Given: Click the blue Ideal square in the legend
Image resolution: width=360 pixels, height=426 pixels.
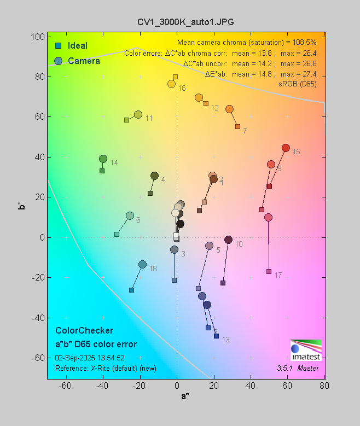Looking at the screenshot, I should click(x=58, y=46).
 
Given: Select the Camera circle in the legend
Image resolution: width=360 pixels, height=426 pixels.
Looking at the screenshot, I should click(x=58, y=61).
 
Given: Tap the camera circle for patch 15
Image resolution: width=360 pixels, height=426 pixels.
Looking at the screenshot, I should click(x=286, y=148).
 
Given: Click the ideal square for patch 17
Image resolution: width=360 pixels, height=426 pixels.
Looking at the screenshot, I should click(x=269, y=271).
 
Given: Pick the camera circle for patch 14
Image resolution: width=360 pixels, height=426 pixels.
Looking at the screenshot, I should click(x=103, y=159).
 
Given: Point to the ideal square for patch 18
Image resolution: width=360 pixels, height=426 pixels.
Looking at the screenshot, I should click(x=131, y=290).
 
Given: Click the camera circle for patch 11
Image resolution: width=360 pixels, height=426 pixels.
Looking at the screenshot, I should click(x=138, y=115).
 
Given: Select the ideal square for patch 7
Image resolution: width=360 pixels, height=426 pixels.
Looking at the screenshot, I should click(x=237, y=126).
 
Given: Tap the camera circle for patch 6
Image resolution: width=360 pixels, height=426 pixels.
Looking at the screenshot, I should click(x=130, y=216).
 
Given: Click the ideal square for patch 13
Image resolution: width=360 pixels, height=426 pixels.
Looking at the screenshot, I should click(x=216, y=336).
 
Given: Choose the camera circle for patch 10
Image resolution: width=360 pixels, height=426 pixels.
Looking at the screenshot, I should click(x=229, y=240).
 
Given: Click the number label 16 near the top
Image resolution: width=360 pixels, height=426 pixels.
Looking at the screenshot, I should click(x=182, y=89).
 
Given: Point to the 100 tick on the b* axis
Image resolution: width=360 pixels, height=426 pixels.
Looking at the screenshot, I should click(x=38, y=37).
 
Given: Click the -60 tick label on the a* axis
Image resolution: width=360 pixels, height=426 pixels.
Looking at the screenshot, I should click(x=66, y=386).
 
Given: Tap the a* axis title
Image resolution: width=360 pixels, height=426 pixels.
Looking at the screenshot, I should click(x=185, y=396).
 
